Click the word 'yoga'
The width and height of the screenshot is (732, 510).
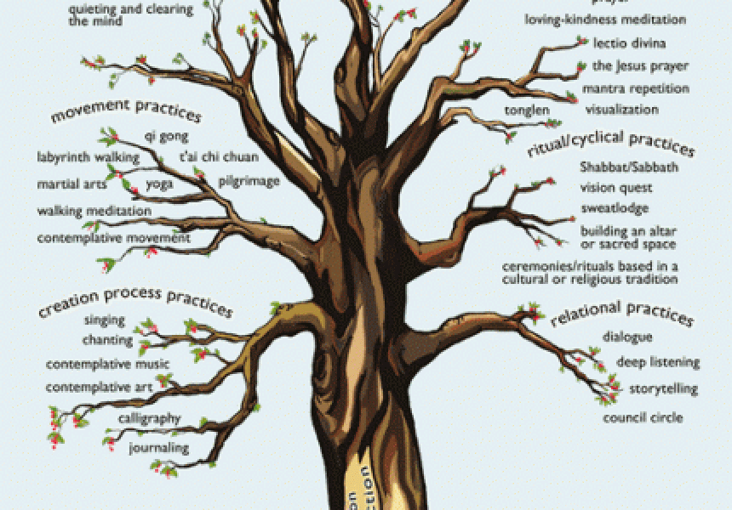click(159, 184)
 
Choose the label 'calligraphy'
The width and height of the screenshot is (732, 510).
click(149, 418)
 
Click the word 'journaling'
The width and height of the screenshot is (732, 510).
click(158, 447)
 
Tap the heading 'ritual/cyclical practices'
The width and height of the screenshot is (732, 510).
click(611, 144)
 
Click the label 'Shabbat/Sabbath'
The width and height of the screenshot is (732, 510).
click(629, 167)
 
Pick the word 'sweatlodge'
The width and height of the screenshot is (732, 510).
click(615, 208)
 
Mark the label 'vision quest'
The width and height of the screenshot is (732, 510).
click(616, 188)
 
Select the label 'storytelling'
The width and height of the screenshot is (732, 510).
click(662, 389)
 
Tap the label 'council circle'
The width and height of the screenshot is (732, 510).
click(643, 418)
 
